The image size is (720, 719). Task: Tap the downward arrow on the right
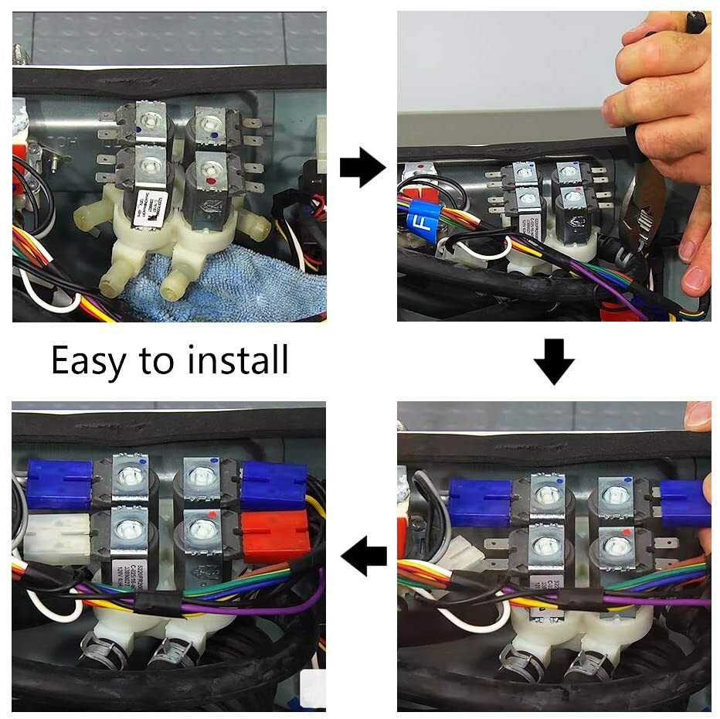(554, 361)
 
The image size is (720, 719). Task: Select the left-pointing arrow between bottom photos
(364, 557)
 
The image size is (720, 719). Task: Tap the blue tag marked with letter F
(423, 219)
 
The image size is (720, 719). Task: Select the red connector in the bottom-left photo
(275, 534)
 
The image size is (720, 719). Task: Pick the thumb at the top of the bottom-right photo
(698, 416)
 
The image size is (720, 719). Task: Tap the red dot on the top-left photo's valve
(211, 180)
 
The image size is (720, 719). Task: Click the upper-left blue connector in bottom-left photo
(59, 484)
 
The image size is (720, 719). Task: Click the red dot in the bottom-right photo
(623, 533)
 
